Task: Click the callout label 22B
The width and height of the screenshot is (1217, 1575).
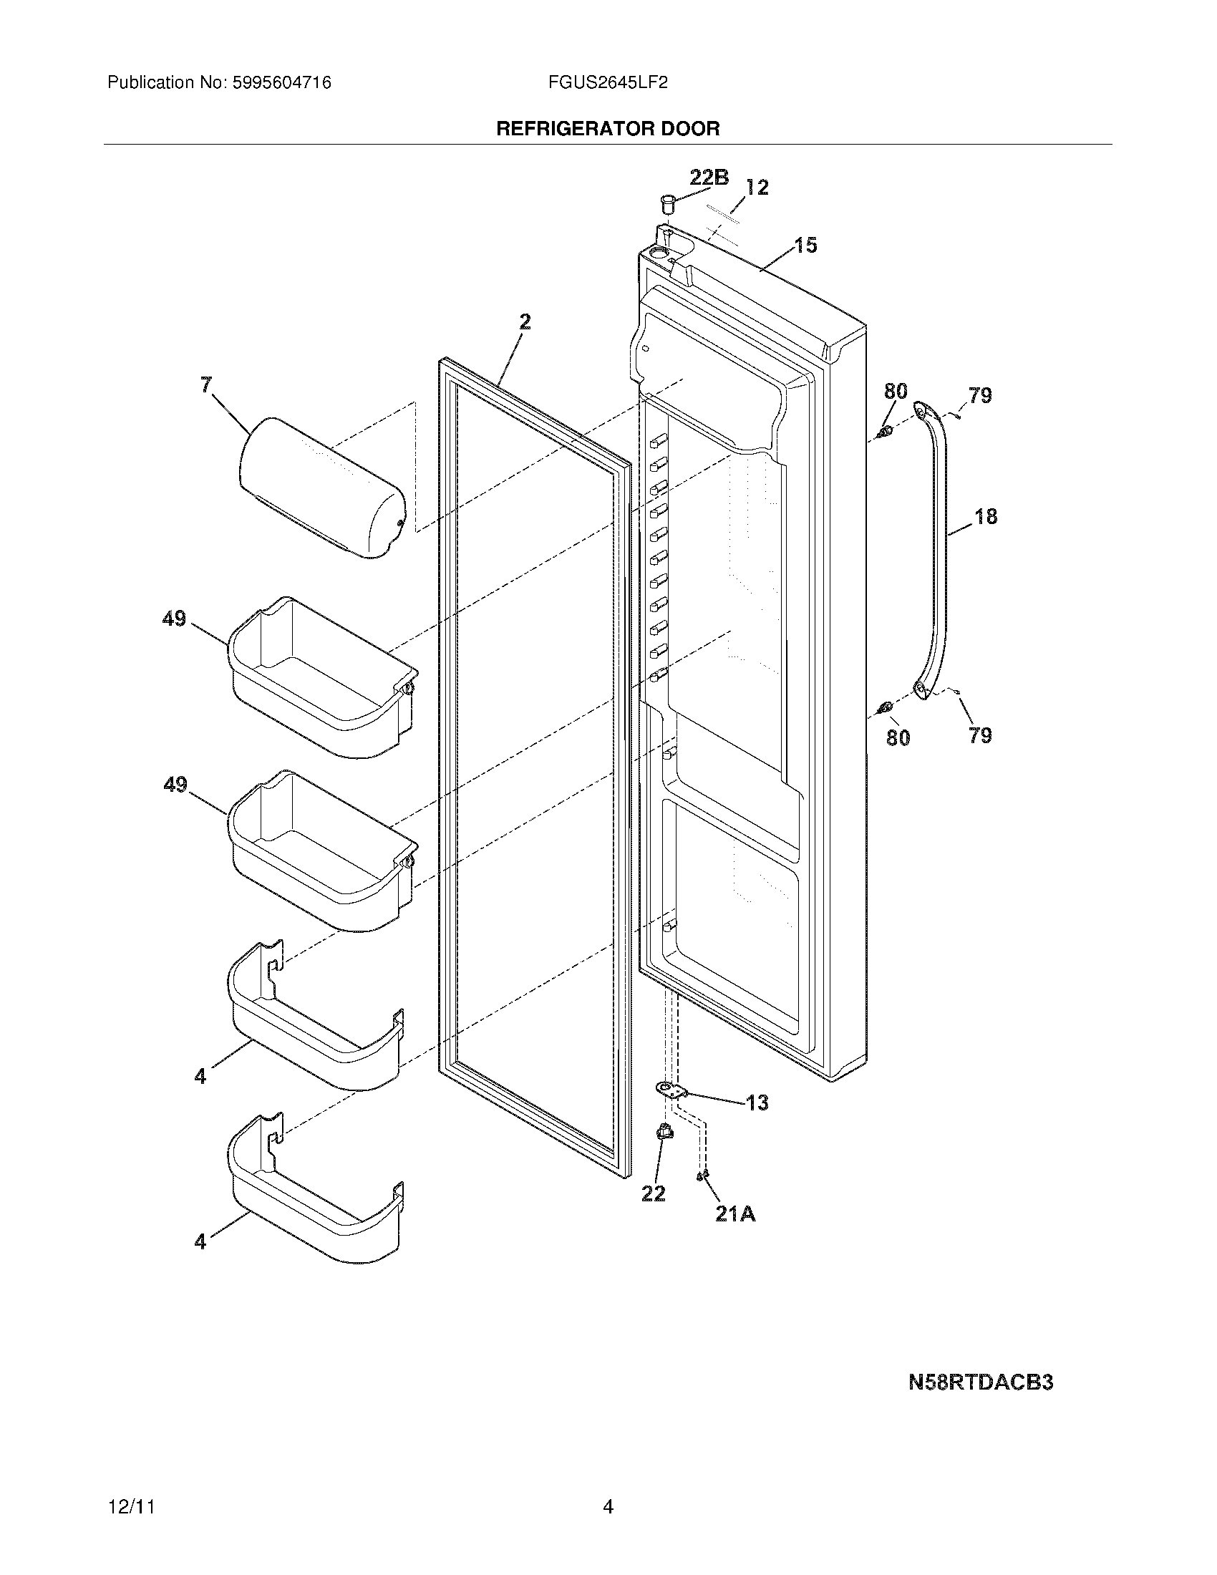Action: tap(709, 177)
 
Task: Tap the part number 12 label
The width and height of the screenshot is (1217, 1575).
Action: tap(756, 188)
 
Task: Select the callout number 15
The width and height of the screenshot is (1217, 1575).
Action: tap(805, 245)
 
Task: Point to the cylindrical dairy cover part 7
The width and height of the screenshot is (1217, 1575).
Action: tap(321, 487)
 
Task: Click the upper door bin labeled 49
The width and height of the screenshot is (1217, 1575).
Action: tap(321, 678)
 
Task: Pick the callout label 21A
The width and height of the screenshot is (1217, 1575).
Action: tap(734, 1214)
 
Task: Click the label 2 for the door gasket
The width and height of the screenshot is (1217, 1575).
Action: tap(525, 321)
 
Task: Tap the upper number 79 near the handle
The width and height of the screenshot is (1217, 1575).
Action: tap(980, 395)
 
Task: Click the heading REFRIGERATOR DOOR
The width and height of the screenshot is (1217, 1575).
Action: tap(608, 129)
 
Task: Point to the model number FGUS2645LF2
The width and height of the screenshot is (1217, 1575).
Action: tap(607, 83)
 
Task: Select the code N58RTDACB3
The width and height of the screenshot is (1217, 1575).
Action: tap(980, 1382)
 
